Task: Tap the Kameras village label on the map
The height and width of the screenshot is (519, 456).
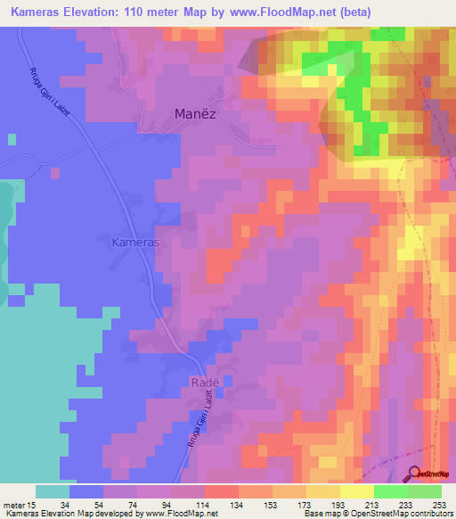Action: (x=136, y=242)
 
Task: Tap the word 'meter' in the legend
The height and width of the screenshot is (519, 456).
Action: (x=15, y=505)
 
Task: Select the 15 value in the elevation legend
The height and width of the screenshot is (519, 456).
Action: (x=32, y=505)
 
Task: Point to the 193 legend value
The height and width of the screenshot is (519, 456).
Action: (x=339, y=505)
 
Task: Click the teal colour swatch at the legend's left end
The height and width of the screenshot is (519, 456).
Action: (x=53, y=491)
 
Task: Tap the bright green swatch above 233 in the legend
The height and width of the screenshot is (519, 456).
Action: (x=391, y=491)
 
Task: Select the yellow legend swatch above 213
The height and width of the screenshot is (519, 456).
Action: (x=357, y=491)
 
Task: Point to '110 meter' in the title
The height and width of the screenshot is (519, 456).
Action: (x=136, y=12)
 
